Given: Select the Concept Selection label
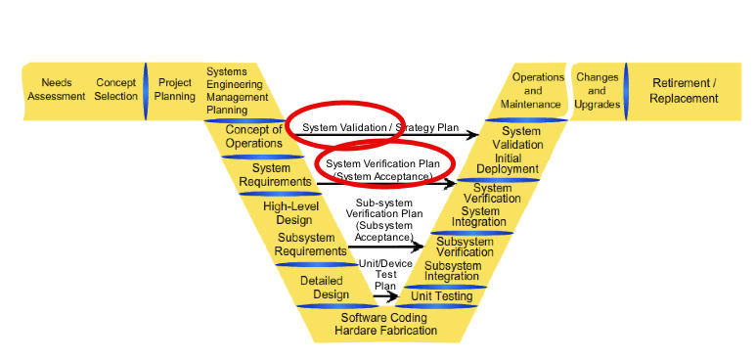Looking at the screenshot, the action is click(116, 90).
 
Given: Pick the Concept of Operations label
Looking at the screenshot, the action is click(253, 136).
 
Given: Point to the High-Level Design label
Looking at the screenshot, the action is click(288, 213).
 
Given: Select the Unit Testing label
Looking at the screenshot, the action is click(442, 296).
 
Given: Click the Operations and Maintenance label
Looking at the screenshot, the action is click(539, 90).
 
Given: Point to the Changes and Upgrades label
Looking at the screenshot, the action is click(598, 90).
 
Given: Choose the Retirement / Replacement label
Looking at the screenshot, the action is click(685, 91).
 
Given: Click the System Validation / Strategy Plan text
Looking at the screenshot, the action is click(367, 128).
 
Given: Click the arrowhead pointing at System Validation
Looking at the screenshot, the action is click(478, 136).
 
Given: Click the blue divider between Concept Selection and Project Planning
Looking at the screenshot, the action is click(146, 90).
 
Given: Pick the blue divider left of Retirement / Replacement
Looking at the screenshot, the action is click(626, 90).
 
